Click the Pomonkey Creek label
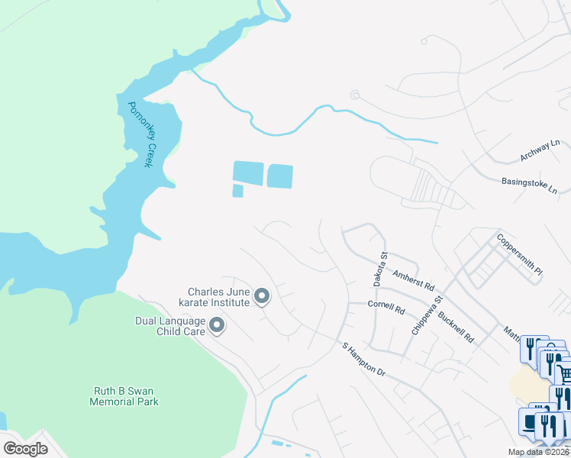143,135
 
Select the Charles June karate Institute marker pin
262,296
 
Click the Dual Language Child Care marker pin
217,327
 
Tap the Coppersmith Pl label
519,248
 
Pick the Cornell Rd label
386,308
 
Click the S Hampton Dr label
365,358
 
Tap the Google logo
25,449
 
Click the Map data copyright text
539,452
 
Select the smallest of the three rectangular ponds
237,191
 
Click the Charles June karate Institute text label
219,296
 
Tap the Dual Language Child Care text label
170,327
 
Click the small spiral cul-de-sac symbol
353,95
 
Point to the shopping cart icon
563,373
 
